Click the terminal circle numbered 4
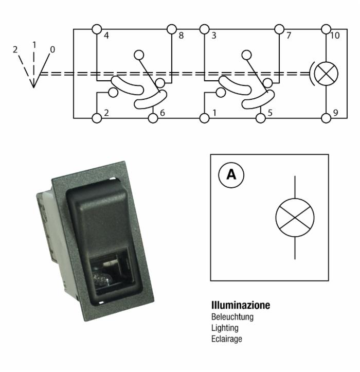pos(97,29)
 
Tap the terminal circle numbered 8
pos(171,29)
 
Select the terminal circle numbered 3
pos(204,29)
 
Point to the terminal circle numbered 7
pos(279,29)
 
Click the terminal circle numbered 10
pos(326,29)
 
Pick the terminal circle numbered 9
pos(326,118)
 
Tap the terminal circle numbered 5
pos(261,118)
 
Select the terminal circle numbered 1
pos(204,118)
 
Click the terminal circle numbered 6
pos(153,118)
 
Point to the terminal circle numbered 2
pos(97,118)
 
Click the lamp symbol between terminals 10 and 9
pos(326,74)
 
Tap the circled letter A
pos(231,175)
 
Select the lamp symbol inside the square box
pos(295,218)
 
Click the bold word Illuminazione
pos(241,305)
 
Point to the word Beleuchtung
pos(232,317)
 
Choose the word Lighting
pos(225,328)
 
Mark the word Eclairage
pos(226,339)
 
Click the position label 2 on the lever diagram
pos(15,49)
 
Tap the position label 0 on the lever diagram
pos(52,49)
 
